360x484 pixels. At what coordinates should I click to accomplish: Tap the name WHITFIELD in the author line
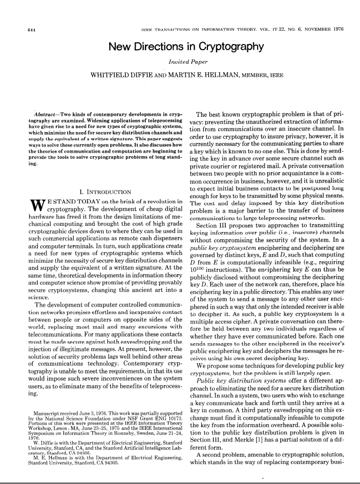pyautogui.click(x=111, y=76)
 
